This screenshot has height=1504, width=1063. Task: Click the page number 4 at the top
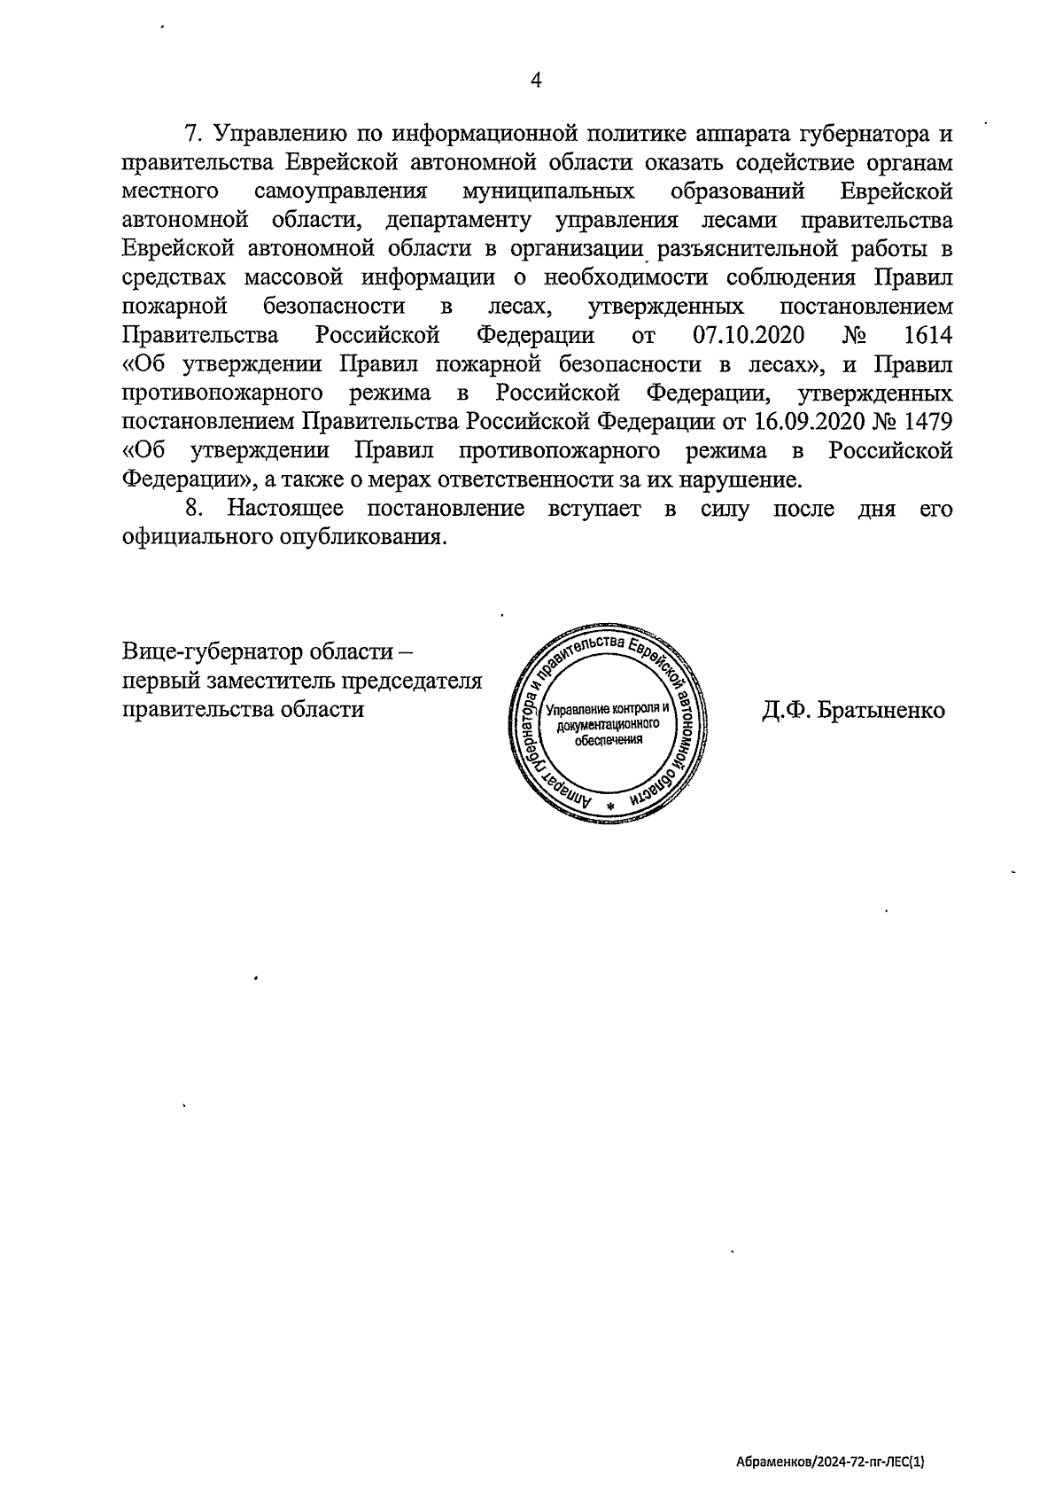point(535,80)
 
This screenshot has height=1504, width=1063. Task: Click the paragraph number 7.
point(192,135)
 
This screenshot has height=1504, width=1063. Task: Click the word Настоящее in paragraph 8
point(286,509)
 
